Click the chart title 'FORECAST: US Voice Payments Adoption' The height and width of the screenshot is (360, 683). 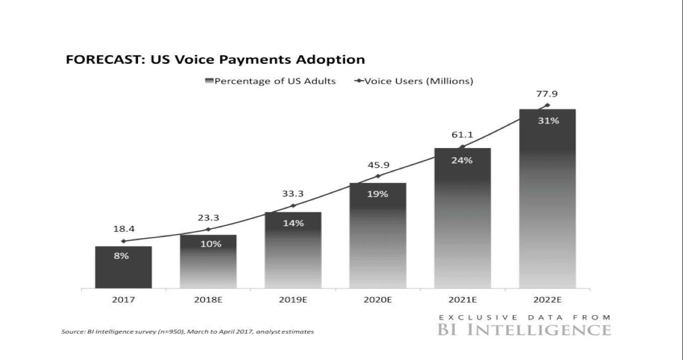(215, 60)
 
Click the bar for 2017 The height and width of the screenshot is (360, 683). (123, 267)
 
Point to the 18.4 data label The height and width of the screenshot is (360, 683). (123, 229)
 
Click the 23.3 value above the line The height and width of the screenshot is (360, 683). (208, 218)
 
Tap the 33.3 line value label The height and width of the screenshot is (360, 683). (293, 194)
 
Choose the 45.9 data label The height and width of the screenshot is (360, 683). (378, 164)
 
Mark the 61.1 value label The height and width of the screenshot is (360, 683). (462, 135)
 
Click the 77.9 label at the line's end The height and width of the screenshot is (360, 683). (548, 94)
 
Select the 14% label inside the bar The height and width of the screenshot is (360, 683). (293, 223)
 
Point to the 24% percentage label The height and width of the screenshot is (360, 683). (462, 161)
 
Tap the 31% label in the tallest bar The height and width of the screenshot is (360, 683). (548, 121)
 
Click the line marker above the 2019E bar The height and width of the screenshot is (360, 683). (293, 205)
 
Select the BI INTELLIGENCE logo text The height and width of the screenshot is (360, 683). (524, 330)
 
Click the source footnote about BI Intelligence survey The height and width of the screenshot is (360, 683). (187, 332)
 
